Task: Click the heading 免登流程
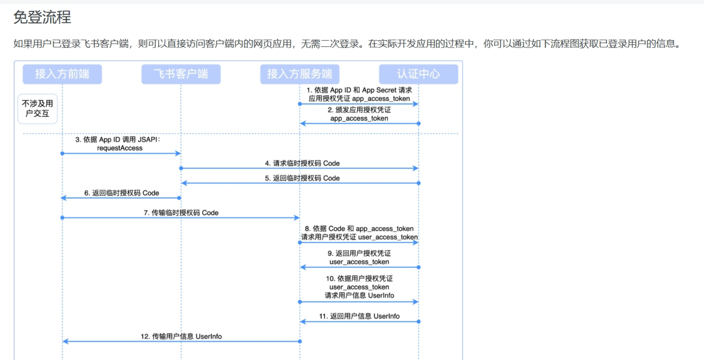point(42,17)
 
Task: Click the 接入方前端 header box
point(62,74)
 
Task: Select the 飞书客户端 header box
point(181,74)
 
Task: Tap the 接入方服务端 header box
point(300,74)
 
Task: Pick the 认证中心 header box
point(418,74)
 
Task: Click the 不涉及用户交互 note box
point(38,108)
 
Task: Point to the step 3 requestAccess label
point(119,148)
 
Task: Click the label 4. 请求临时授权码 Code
point(302,163)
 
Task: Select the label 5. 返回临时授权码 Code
point(302,178)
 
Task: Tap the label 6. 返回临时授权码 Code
point(122,193)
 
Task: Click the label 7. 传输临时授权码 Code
point(181,213)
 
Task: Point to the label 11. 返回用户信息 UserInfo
point(359,316)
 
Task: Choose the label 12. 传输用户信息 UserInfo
point(181,336)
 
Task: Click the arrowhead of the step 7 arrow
point(297,218)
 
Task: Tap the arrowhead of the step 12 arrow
point(66,341)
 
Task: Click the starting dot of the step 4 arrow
point(181,168)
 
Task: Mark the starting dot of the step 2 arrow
point(419,123)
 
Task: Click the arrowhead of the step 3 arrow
point(178,153)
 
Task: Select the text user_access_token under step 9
point(359,262)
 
